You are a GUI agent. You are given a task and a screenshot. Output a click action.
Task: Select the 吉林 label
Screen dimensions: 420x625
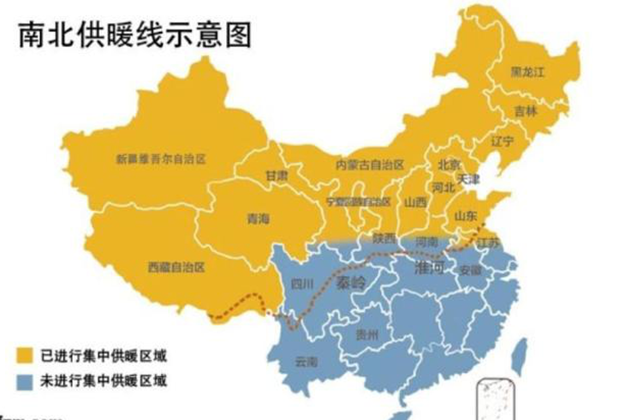525,111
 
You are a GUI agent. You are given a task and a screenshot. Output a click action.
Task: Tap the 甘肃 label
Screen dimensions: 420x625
277,175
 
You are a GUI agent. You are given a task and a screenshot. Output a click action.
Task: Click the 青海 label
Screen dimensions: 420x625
258,218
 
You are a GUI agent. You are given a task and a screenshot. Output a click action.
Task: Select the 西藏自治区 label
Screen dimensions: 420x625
177,267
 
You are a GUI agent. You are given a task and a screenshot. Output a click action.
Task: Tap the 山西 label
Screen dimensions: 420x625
415,202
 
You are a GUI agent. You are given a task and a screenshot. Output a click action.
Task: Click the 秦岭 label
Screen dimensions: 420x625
350,281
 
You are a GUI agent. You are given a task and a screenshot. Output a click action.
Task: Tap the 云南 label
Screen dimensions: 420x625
306,362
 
